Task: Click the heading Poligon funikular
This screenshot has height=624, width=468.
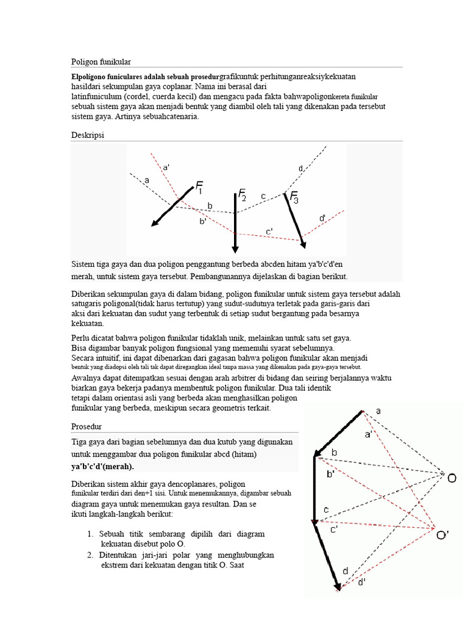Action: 101,62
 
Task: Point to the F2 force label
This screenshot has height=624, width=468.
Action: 242,194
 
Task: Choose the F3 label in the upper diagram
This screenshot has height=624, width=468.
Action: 294,197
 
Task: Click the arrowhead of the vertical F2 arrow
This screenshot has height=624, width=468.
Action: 235,247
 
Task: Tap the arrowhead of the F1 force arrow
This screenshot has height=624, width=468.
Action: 156,222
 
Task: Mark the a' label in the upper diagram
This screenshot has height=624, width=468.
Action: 166,166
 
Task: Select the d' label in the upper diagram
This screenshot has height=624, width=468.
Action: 322,218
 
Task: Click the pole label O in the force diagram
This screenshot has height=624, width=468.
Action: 452,478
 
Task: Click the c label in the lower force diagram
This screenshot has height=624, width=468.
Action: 327,509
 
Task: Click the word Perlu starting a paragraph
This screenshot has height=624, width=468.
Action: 82,338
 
